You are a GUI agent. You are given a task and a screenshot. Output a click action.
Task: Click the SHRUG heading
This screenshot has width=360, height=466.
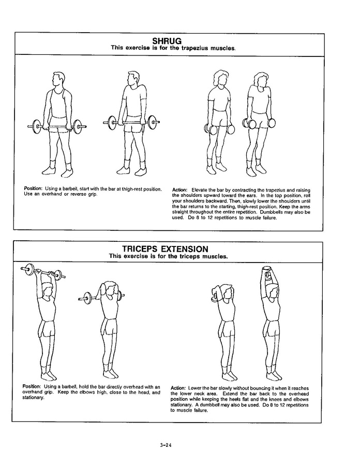167,41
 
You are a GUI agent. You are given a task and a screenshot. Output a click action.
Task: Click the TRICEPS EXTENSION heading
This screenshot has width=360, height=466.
166,249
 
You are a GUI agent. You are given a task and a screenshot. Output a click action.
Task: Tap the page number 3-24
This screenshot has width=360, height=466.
166,445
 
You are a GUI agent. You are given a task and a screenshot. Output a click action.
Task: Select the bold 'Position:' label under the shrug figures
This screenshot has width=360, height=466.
33,188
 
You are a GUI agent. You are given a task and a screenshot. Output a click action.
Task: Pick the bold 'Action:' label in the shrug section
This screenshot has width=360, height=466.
179,190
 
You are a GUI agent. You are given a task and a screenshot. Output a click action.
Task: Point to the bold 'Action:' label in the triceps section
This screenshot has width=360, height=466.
178,388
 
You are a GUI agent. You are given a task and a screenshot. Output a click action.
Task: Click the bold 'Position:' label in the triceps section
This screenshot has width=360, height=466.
32,387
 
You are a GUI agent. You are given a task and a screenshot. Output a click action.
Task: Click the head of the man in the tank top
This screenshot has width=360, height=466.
57,79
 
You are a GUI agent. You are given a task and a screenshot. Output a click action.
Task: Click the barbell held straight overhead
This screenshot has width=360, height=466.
43,271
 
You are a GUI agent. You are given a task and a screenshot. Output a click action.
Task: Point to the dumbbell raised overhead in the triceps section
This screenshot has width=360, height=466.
268,273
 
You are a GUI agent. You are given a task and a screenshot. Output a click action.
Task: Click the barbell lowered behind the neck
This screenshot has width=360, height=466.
101,297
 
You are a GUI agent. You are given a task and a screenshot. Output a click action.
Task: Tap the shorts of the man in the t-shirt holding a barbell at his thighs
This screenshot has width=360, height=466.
134,125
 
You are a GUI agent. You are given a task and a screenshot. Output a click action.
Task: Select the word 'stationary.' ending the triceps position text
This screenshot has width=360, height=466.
34,398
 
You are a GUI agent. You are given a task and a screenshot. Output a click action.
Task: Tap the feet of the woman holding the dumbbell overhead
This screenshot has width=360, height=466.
273,375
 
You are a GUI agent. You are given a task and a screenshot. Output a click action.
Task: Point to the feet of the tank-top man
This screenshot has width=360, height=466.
57,170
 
